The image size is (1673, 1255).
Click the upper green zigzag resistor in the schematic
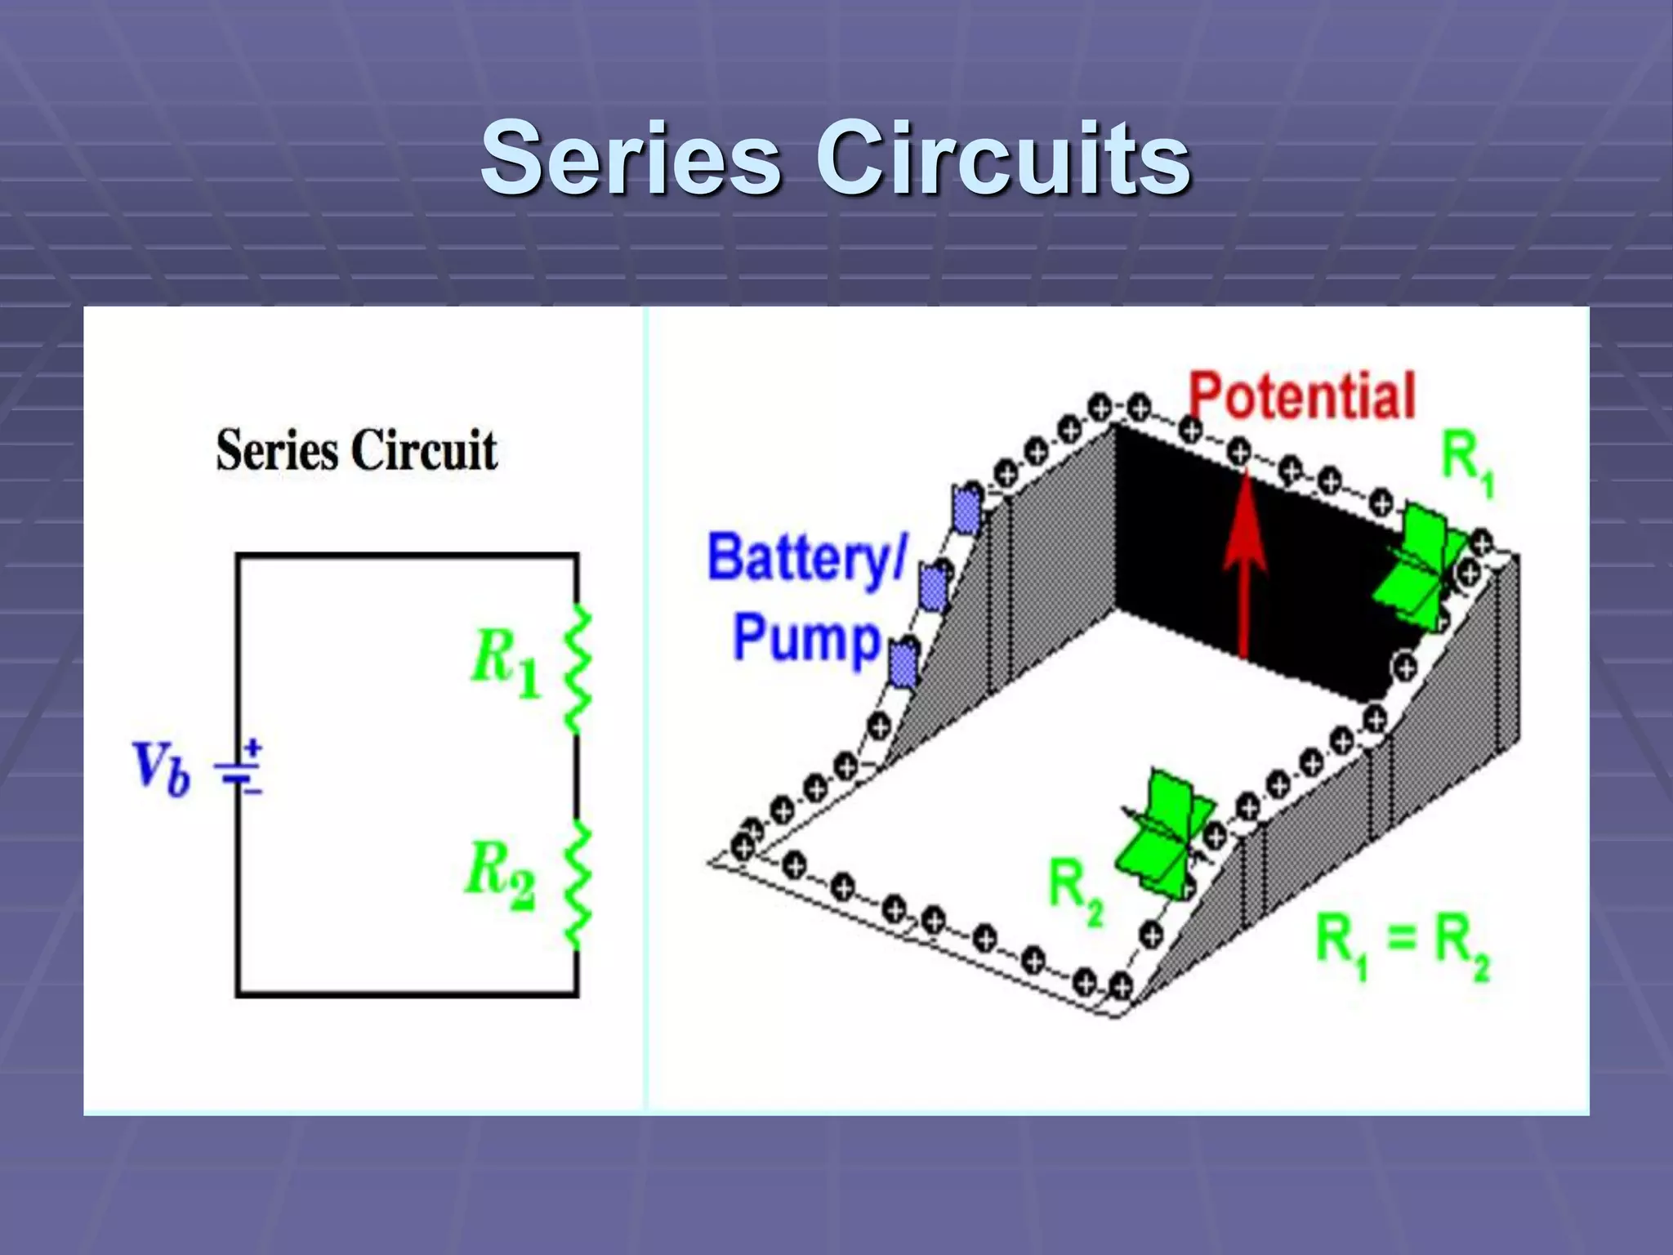[578, 670]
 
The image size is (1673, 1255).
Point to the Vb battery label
[160, 768]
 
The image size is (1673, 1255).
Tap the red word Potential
[1301, 396]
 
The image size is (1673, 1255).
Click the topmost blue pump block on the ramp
[966, 511]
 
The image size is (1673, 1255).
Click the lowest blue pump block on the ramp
[903, 663]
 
